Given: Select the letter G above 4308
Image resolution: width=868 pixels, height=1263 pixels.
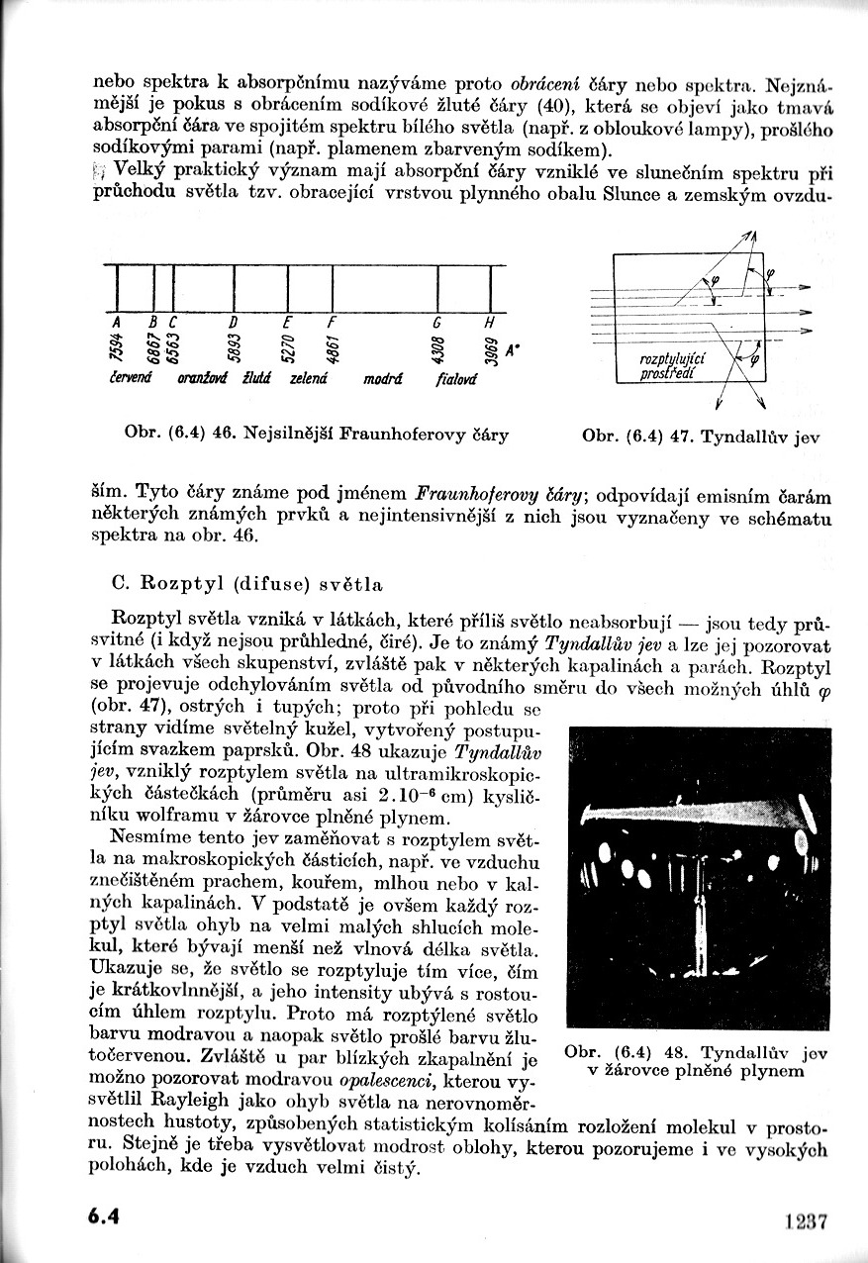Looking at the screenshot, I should click(x=436, y=324).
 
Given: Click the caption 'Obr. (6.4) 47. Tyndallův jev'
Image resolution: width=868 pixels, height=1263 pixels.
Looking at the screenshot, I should click(x=702, y=435).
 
